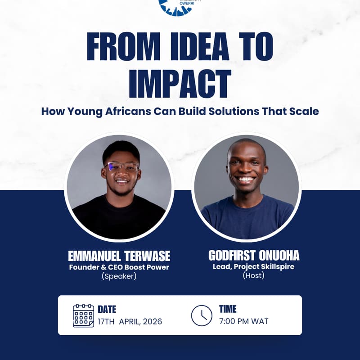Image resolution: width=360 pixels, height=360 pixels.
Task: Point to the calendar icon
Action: (83, 315)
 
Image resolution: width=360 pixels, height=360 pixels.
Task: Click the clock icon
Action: (202, 315)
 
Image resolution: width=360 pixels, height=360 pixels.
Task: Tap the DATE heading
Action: (107, 310)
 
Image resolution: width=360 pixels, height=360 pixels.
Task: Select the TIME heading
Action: (228, 309)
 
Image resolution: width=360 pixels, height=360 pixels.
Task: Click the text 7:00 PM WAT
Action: (243, 321)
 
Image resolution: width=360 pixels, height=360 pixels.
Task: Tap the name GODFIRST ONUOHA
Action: (254, 256)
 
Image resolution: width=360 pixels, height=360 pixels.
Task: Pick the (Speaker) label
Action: (119, 276)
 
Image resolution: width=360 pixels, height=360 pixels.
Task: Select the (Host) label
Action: (253, 275)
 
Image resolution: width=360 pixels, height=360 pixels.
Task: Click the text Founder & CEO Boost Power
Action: (119, 267)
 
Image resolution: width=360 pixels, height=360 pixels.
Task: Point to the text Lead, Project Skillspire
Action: (254, 266)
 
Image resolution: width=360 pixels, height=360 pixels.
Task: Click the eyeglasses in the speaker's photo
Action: (121, 166)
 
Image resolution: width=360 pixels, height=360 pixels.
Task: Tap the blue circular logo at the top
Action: (175, 5)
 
